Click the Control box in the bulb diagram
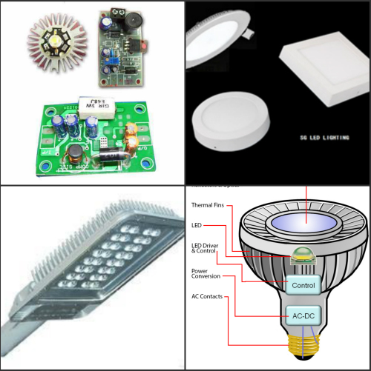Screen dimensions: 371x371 click(x=302, y=284)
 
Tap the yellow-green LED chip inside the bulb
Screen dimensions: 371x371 click(x=302, y=256)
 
